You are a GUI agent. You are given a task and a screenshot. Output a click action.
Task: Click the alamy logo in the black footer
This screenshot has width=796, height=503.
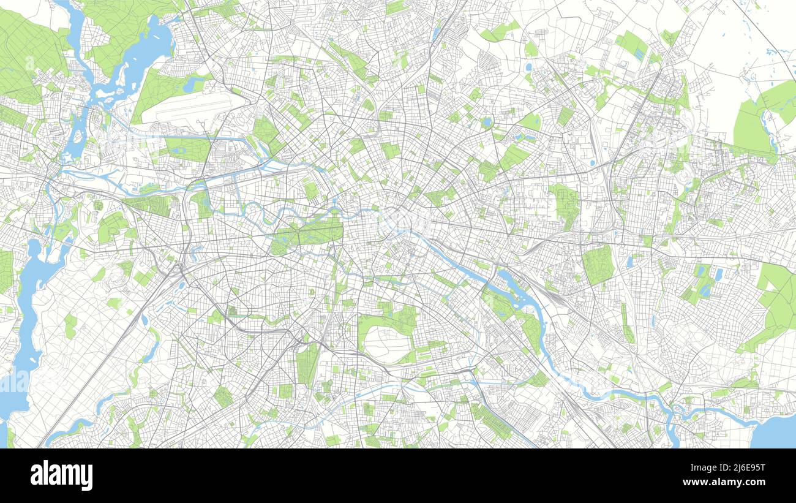61,475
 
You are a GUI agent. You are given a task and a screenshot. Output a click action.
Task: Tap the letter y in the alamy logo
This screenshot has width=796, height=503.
87,477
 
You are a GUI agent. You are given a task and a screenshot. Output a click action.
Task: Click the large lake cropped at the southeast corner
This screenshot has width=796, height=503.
775,432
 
